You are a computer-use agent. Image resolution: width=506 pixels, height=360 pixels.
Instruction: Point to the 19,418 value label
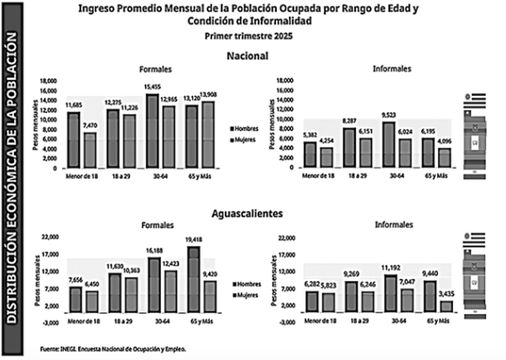point(196,238)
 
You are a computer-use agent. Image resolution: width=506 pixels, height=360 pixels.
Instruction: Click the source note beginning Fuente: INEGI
point(112,347)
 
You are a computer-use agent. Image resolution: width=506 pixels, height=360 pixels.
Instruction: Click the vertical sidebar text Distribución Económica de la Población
point(14,180)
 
